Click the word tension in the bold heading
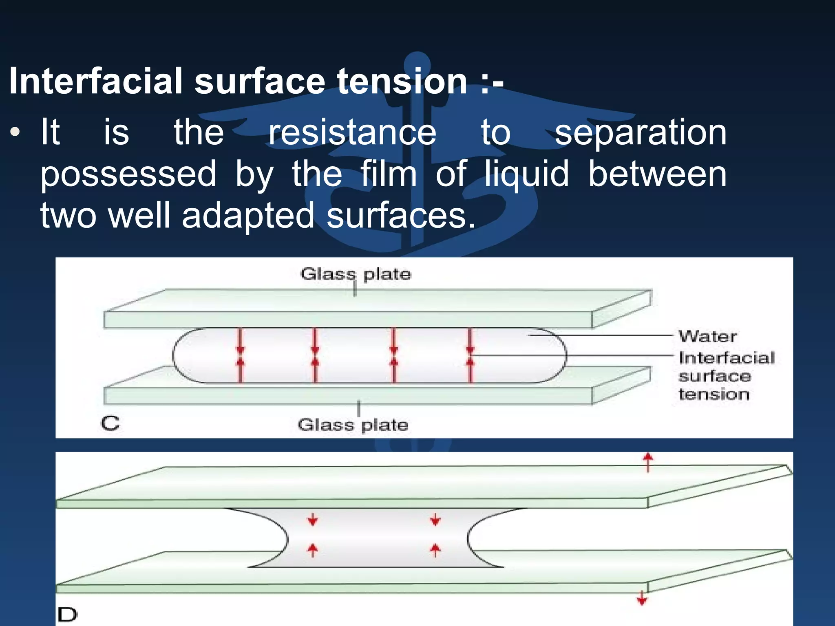coord(402,82)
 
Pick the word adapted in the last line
coord(248,216)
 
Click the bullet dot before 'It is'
coord(15,132)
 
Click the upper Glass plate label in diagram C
coord(356,274)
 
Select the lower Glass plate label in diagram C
coord(353,425)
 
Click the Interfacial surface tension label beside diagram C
coord(726,376)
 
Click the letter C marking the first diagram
coord(110,423)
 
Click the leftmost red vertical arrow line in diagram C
coord(240,355)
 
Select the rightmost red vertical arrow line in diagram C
coord(471,355)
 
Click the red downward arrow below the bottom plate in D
coord(642,598)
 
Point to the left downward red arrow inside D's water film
coord(313,520)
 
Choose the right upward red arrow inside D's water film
coord(435,550)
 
